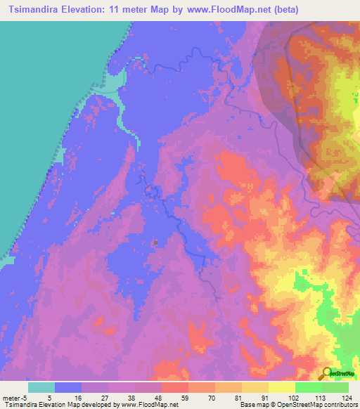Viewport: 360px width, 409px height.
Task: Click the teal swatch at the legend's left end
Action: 41,387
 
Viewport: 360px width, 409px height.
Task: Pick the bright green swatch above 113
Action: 308,387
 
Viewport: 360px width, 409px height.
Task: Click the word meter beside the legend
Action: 12,398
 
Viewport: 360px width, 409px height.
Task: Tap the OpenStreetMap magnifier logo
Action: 326,373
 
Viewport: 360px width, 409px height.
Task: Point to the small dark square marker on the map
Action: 155,242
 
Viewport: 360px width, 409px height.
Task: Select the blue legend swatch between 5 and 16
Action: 68,387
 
